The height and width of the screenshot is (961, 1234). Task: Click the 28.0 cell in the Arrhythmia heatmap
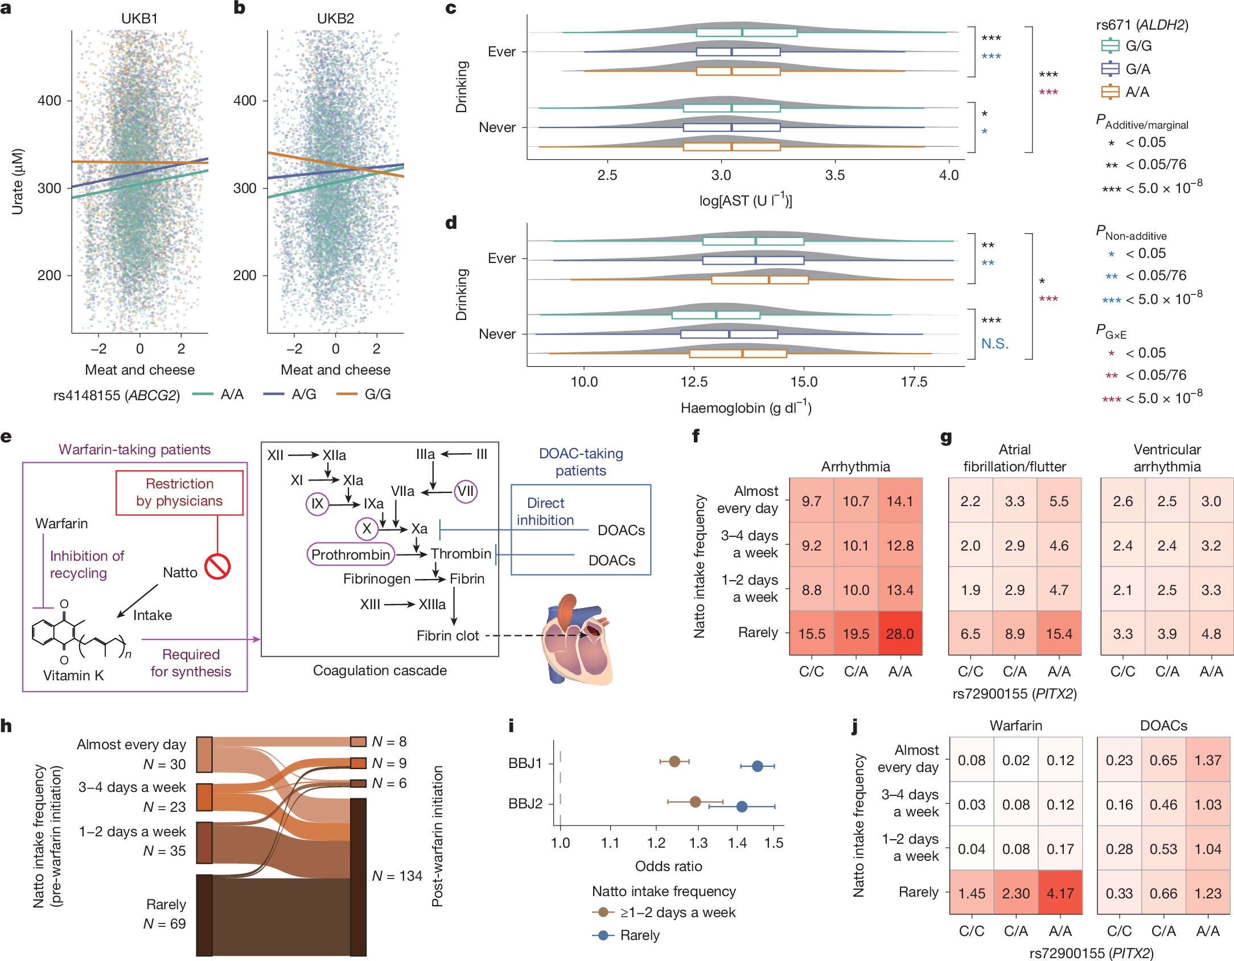click(900, 634)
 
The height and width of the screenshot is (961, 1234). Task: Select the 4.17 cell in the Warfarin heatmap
click(1060, 893)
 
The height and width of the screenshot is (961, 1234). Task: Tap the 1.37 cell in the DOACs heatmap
click(1208, 760)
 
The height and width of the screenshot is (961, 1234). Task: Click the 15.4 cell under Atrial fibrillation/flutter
click(1059, 634)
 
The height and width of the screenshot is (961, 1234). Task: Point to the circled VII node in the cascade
click(465, 491)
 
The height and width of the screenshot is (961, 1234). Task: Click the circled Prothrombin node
click(351, 554)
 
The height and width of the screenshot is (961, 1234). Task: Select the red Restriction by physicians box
click(179, 492)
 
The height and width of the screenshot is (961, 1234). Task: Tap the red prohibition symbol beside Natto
click(217, 566)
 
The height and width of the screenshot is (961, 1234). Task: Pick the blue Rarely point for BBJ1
click(757, 766)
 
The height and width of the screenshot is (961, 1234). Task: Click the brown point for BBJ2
click(695, 802)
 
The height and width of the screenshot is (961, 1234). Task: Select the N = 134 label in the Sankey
click(397, 876)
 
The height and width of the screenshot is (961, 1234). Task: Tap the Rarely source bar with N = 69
click(204, 914)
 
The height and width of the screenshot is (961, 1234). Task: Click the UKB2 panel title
click(335, 18)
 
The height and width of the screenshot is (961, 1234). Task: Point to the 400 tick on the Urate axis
click(50, 101)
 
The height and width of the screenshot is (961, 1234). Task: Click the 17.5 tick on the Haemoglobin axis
click(914, 381)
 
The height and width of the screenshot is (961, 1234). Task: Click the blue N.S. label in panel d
click(994, 343)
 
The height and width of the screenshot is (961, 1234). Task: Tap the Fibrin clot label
click(447, 635)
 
